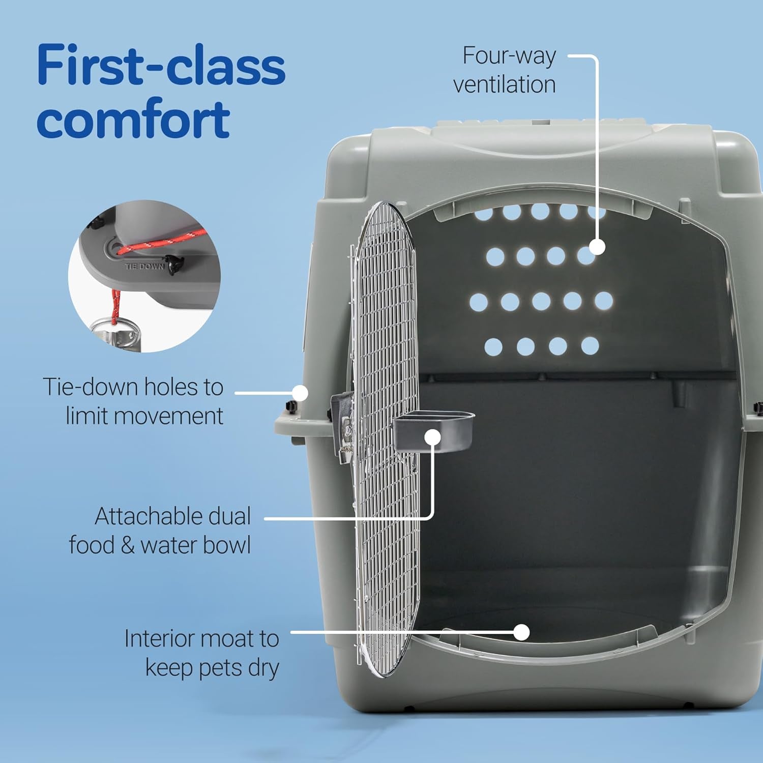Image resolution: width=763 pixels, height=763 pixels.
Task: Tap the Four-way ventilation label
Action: (x=505, y=70)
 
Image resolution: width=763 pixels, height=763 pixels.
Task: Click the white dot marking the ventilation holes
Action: (x=598, y=247)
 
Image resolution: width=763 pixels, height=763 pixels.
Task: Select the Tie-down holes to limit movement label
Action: (x=133, y=401)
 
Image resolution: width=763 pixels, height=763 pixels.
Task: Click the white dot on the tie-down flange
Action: (x=301, y=393)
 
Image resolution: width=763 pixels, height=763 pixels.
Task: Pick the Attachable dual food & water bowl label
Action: (x=160, y=530)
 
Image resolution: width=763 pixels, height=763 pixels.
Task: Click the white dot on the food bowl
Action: (x=433, y=437)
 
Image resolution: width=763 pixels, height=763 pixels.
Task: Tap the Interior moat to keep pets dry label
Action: (x=202, y=653)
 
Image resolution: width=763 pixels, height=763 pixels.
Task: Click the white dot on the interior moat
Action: (x=521, y=632)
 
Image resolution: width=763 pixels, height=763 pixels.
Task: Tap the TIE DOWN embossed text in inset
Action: (x=144, y=266)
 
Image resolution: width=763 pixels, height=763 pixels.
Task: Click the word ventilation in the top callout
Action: (x=505, y=84)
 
